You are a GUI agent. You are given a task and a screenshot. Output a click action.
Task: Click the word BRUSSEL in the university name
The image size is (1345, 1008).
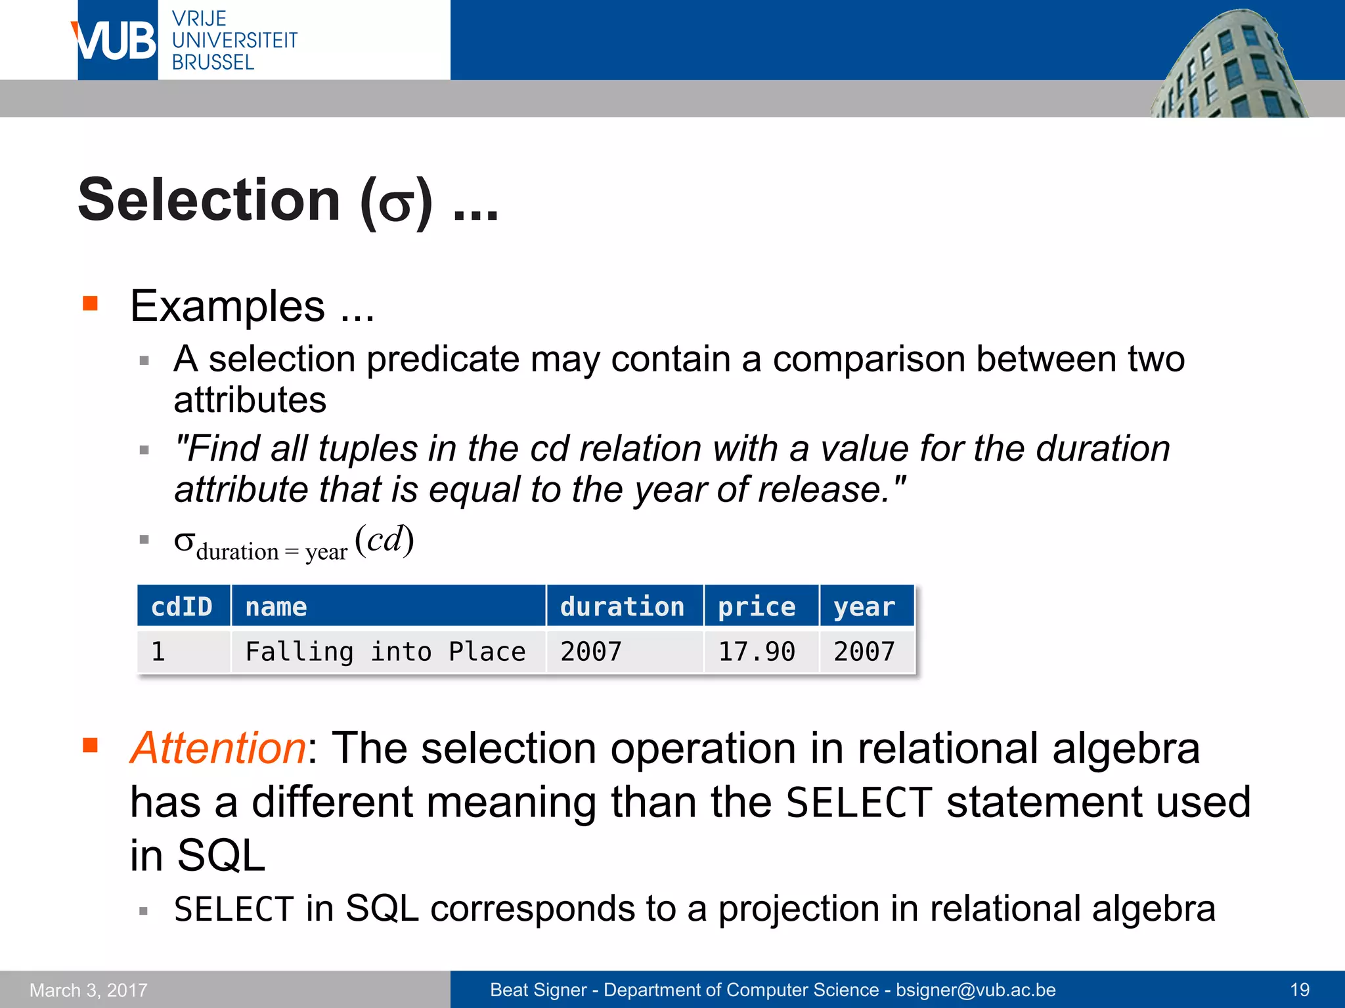coord(213,63)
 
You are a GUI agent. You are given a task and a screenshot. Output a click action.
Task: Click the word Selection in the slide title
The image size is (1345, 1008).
coord(209,201)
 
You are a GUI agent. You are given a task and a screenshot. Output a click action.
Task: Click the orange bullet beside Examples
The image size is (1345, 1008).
coord(90,303)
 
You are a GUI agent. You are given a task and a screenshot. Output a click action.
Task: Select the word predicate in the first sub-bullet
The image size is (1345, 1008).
coord(447,360)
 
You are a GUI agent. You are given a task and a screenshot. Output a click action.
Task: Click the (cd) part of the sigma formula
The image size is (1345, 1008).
coord(384,540)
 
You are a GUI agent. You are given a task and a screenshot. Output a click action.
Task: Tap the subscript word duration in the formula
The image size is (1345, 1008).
coord(237,552)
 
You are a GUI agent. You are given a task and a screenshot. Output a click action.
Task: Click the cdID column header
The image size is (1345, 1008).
coord(182,606)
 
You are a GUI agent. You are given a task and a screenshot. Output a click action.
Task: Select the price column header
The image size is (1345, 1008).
coord(757,606)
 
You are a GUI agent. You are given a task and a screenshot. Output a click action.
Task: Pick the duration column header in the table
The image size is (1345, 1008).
coord(622,606)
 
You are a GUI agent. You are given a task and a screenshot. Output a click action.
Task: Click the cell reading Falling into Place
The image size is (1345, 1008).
coord(386,652)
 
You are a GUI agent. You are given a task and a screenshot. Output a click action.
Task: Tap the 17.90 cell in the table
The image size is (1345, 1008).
coord(757,652)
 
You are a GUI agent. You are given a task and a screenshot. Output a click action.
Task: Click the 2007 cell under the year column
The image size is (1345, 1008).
coord(864,652)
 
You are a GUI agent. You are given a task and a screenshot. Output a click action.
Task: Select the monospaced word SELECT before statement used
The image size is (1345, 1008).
coord(858,803)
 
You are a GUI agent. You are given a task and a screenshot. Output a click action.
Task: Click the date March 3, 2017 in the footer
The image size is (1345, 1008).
coord(89,990)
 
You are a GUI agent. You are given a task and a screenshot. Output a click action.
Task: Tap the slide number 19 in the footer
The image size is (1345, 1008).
coord(1300,990)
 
